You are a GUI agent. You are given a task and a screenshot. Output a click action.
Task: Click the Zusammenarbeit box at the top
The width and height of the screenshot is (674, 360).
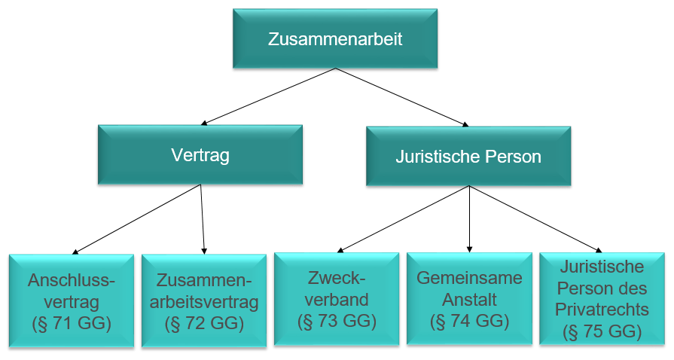[x=334, y=39]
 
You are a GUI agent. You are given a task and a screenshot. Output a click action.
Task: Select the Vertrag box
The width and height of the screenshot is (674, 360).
[x=200, y=156]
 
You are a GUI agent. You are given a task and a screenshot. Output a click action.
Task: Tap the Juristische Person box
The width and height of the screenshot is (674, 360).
[x=468, y=157]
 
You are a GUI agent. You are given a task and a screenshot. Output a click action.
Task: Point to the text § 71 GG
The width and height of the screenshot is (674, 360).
[x=72, y=324]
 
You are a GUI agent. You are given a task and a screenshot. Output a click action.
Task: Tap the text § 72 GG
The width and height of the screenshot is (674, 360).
[x=204, y=324]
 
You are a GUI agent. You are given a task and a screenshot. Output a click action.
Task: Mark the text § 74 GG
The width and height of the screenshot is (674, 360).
[x=469, y=321]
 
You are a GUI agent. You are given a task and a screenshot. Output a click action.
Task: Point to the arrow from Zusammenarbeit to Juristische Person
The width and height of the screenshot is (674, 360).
[x=401, y=96]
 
